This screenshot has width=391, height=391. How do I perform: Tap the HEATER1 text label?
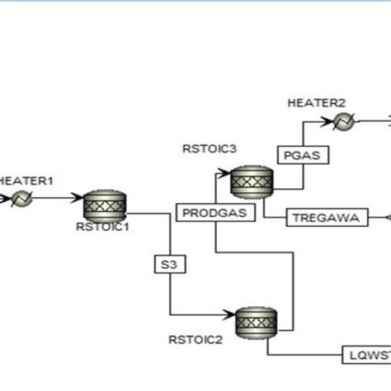(x=25, y=181)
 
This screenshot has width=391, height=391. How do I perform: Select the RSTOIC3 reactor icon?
(x=251, y=181)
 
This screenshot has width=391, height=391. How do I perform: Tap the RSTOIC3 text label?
(x=209, y=148)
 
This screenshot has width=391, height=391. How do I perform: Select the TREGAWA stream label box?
(x=320, y=218)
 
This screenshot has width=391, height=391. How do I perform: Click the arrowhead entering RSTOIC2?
(x=232, y=315)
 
